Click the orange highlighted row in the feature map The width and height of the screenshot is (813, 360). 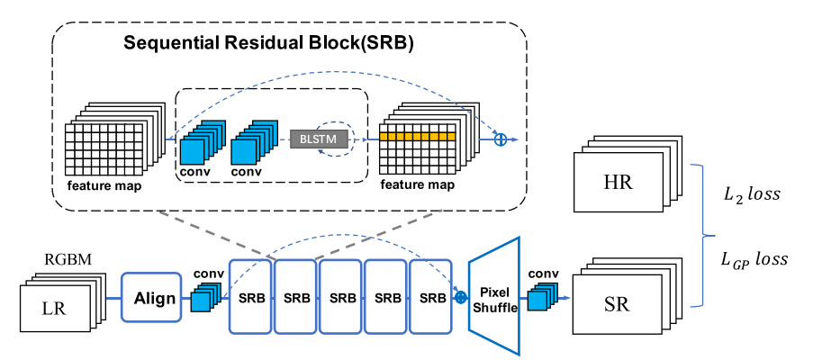(417, 136)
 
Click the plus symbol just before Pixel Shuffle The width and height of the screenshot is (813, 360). (461, 296)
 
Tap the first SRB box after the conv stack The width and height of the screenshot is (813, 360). (251, 296)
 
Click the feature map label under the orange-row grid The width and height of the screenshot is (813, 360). (420, 184)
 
